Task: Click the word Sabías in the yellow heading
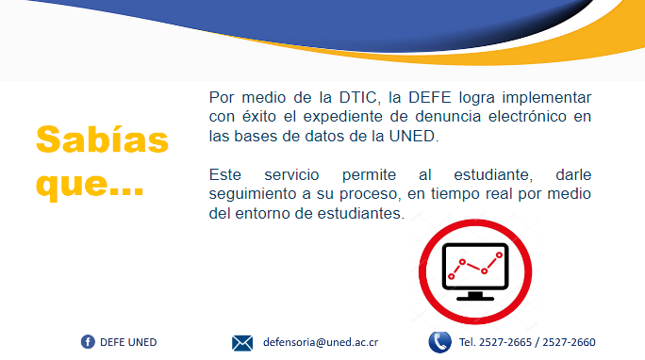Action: tap(102, 139)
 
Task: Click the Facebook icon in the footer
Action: tap(88, 341)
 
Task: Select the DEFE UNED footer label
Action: tap(128, 342)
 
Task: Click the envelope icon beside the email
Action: tap(242, 342)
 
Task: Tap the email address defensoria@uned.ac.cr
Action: tap(321, 342)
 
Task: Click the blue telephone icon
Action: tap(439, 341)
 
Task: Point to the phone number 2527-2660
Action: tap(570, 342)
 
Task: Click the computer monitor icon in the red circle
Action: tap(476, 270)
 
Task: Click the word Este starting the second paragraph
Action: tap(226, 175)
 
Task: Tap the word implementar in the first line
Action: tap(547, 98)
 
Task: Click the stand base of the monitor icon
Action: tap(475, 296)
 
